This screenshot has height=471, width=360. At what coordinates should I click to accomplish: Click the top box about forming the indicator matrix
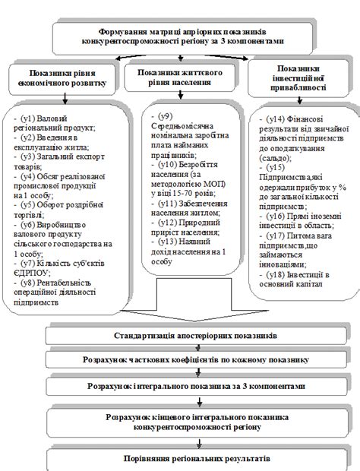[x=180, y=36]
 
